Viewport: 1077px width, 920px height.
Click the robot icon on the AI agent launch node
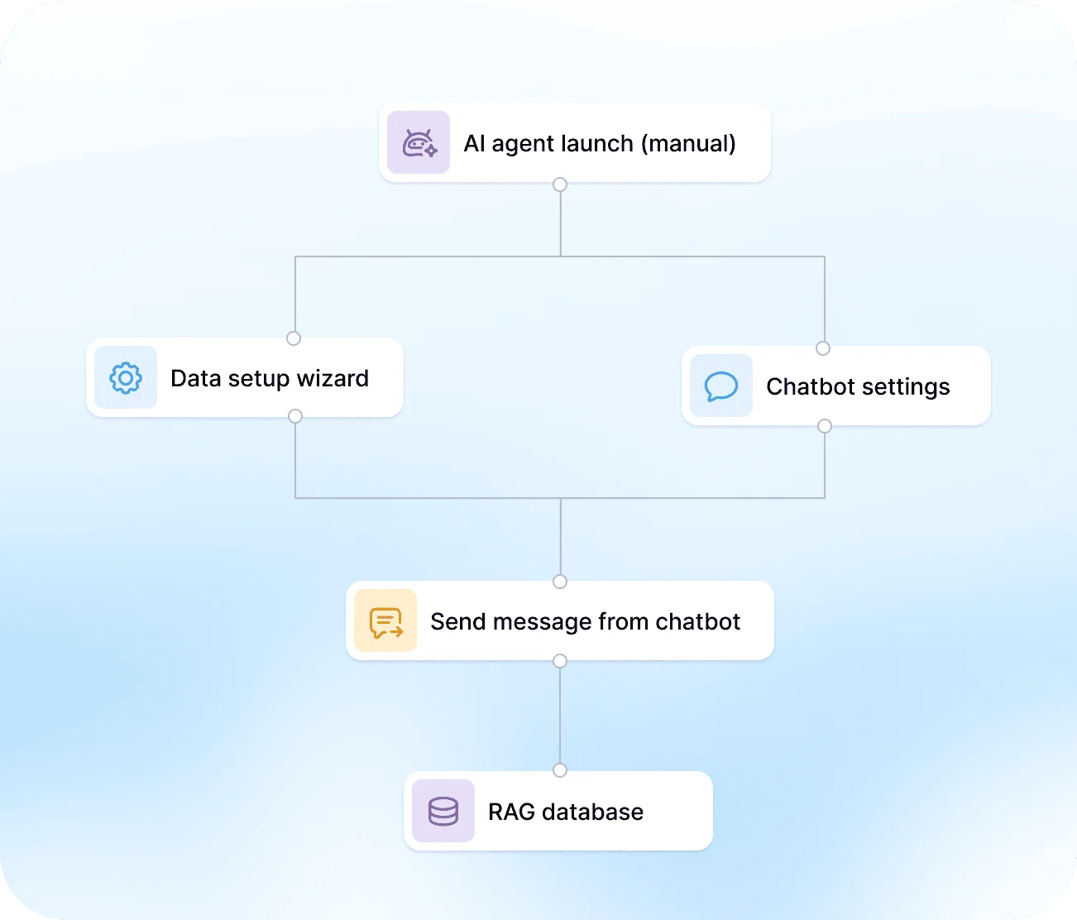pyautogui.click(x=419, y=143)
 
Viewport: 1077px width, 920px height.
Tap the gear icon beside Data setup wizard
pyautogui.click(x=126, y=378)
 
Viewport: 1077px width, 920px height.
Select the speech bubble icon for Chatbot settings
pyautogui.click(x=720, y=386)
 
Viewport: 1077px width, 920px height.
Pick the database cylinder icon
pyautogui.click(x=443, y=811)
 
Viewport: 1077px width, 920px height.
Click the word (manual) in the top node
pyautogui.click(x=688, y=143)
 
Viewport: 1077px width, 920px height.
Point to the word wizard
pyautogui.click(x=333, y=378)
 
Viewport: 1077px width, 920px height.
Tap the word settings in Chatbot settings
pyautogui.click(x=906, y=386)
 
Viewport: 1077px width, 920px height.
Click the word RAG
pyautogui.click(x=512, y=812)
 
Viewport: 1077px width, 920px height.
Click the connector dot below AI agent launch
pyautogui.click(x=560, y=184)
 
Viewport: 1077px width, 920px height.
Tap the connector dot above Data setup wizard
pyautogui.click(x=294, y=338)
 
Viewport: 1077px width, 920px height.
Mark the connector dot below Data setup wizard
pyautogui.click(x=295, y=416)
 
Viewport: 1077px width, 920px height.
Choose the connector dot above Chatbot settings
pyautogui.click(x=823, y=348)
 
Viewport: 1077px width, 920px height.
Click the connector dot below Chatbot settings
pyautogui.click(x=825, y=426)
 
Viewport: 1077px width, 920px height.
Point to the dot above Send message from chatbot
pyautogui.click(x=560, y=582)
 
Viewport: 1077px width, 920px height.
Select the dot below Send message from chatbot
pyautogui.click(x=560, y=661)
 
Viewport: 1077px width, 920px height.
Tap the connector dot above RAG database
pyautogui.click(x=560, y=770)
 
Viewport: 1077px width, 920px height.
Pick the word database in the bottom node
pyautogui.click(x=593, y=812)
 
